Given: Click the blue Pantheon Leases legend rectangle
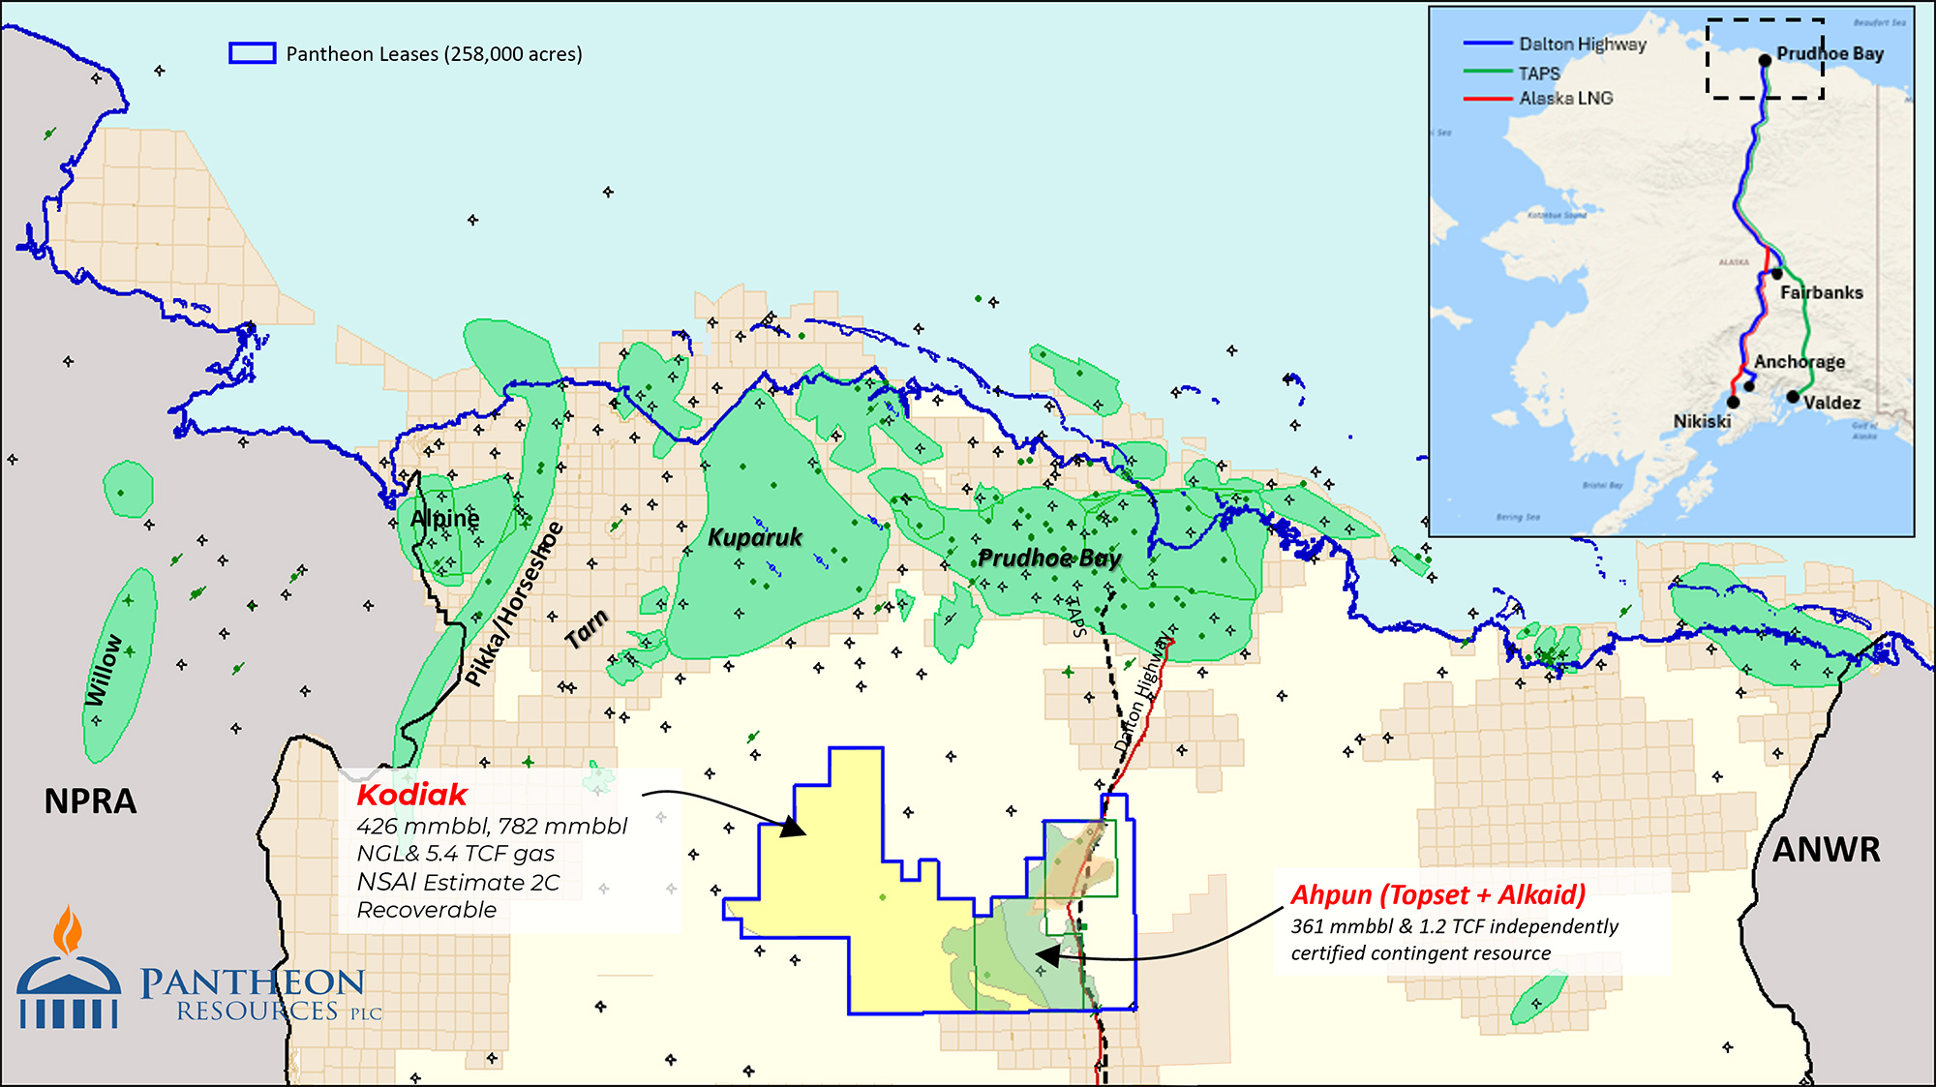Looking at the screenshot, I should click(252, 53).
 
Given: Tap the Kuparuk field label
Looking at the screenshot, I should click(755, 537).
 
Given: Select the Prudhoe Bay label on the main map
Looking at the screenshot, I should click(1049, 558).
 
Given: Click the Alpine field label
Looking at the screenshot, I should click(444, 519).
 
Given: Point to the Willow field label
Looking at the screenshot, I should click(105, 670).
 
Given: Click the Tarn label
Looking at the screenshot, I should click(587, 630).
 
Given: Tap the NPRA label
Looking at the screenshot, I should click(90, 801).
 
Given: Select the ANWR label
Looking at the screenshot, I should click(1826, 850).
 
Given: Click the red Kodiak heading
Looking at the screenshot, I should click(411, 795).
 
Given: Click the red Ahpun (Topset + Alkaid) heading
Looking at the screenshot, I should click(1437, 894).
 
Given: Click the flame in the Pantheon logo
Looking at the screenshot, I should click(67, 931).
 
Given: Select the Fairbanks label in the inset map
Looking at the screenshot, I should click(1821, 292).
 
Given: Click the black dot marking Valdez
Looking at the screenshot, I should click(1793, 397).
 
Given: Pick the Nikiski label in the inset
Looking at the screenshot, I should click(1702, 421).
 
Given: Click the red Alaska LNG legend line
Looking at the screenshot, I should click(1487, 99).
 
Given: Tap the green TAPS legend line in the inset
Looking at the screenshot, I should click(1487, 72).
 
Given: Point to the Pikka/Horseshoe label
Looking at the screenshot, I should click(514, 604).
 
